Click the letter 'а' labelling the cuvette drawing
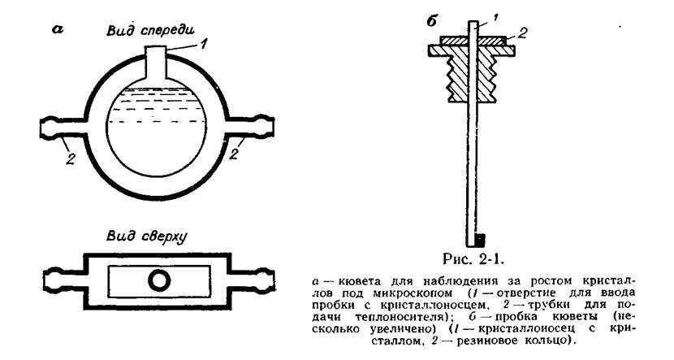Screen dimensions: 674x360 click(x=57, y=30)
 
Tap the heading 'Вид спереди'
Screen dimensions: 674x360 click(x=150, y=30)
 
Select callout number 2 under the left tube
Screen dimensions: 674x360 click(x=71, y=158)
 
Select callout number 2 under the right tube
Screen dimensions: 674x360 click(x=233, y=154)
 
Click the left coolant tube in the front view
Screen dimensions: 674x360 click(x=64, y=127)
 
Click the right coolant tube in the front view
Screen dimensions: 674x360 click(x=249, y=127)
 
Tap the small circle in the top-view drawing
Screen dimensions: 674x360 click(x=159, y=280)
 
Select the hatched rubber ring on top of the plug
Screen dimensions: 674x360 click(x=473, y=40)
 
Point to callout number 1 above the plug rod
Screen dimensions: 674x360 click(x=495, y=18)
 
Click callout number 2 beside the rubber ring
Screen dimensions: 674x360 click(x=522, y=33)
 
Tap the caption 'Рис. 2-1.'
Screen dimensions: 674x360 click(x=473, y=260)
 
